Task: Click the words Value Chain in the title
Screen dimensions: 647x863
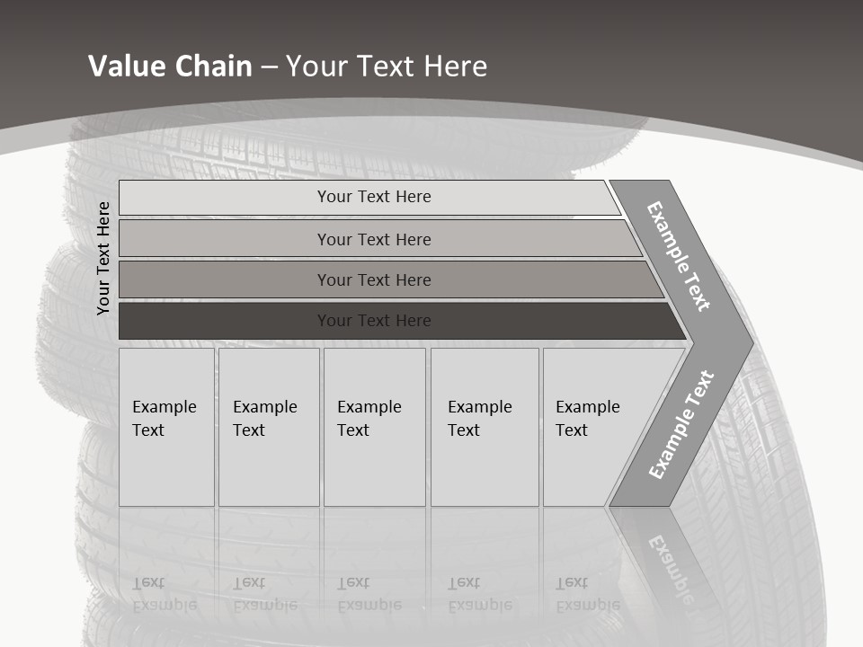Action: click(x=170, y=66)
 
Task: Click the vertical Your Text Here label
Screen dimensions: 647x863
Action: click(x=103, y=258)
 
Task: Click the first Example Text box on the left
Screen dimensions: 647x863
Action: click(x=166, y=427)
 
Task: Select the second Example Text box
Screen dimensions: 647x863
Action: click(x=269, y=427)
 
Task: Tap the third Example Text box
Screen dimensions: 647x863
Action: click(x=374, y=427)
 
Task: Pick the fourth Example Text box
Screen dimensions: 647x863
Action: click(x=485, y=427)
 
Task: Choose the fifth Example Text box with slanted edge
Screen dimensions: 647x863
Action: click(x=593, y=427)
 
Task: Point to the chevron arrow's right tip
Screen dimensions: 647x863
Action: click(x=750, y=342)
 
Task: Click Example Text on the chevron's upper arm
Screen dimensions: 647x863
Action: click(x=679, y=256)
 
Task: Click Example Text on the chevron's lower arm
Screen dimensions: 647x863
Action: click(x=681, y=424)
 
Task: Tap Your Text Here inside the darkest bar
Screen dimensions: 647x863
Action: click(x=374, y=321)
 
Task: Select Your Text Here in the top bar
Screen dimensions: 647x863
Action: click(x=374, y=197)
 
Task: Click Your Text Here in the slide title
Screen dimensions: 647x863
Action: click(x=387, y=66)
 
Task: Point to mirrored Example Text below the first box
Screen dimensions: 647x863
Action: click(x=164, y=594)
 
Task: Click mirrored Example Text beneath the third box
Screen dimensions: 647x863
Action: click(x=369, y=594)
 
